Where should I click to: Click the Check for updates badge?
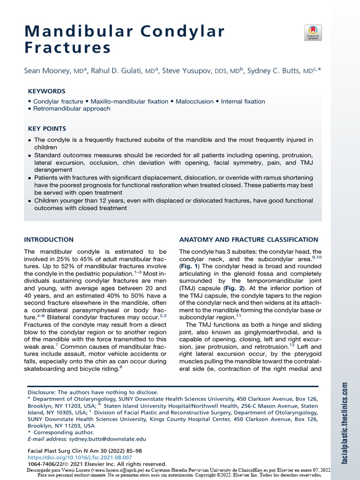tap(313, 32)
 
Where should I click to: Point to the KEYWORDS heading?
tap(46, 91)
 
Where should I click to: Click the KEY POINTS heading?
tap(47, 128)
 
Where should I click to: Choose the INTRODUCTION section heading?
tap(49, 240)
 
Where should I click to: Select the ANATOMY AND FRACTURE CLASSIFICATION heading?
tap(249, 240)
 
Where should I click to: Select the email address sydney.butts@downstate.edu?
tap(107, 439)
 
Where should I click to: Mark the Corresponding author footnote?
tap(63, 432)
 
